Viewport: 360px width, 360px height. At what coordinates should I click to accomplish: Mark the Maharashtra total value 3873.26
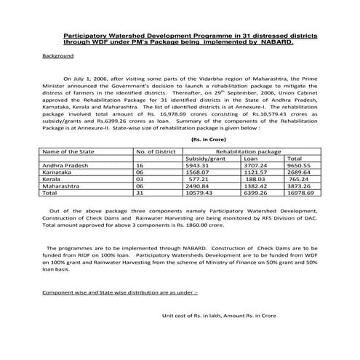(300, 187)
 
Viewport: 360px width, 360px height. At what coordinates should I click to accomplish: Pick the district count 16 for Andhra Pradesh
(140, 165)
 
